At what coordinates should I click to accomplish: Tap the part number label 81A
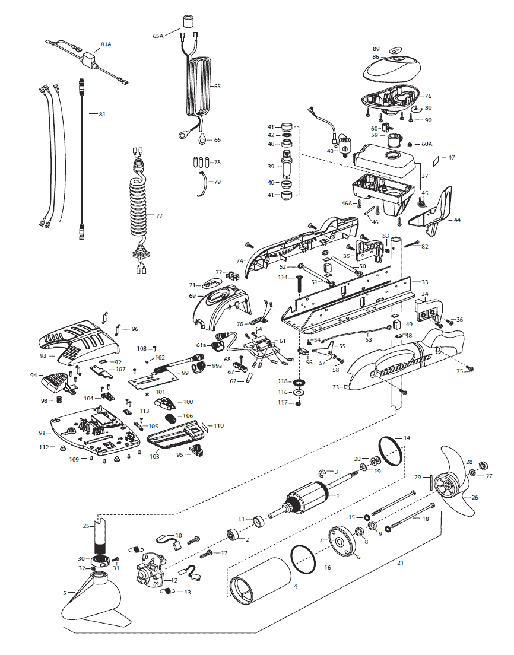coord(106,44)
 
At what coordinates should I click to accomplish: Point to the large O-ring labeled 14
coord(390,452)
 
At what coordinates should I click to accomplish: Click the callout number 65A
coord(158,36)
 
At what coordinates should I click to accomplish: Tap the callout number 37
coord(424,176)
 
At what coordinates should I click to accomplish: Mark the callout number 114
coord(283,278)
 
